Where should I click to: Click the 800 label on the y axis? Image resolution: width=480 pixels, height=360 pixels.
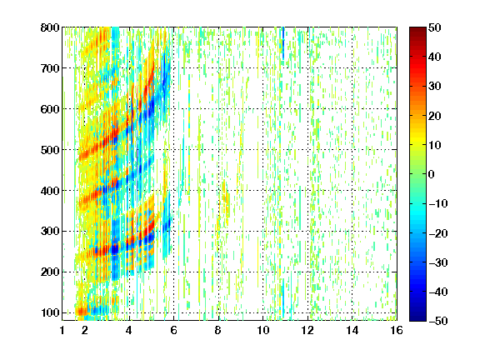(x=50, y=27)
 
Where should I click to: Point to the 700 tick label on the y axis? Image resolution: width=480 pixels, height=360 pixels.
(x=50, y=68)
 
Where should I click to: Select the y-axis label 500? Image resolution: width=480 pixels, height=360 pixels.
(x=50, y=150)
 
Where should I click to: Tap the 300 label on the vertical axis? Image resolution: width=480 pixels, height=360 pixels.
(x=50, y=232)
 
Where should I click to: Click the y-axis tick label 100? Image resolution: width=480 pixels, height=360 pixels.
(x=50, y=312)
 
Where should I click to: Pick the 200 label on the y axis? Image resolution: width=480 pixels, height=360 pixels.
(x=50, y=272)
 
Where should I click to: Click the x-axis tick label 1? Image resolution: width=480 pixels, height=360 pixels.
(x=62, y=331)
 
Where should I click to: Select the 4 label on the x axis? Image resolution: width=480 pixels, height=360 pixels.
(x=129, y=331)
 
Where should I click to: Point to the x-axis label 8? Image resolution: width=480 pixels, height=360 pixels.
(x=218, y=331)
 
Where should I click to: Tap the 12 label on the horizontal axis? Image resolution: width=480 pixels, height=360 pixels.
(x=307, y=331)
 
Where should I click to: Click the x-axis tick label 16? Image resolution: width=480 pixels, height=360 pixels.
(x=397, y=331)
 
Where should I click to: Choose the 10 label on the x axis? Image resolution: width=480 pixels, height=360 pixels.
(x=263, y=331)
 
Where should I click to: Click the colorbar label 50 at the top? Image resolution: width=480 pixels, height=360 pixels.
(x=435, y=27)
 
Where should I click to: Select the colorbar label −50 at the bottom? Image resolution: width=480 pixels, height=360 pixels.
(x=438, y=321)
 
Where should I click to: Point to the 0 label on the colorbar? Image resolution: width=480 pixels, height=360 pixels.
(x=432, y=174)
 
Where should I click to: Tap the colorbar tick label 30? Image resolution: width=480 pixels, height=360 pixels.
(x=435, y=87)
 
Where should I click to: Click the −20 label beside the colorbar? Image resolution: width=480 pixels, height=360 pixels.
(x=438, y=233)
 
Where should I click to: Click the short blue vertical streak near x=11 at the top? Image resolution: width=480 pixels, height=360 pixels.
(x=283, y=42)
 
